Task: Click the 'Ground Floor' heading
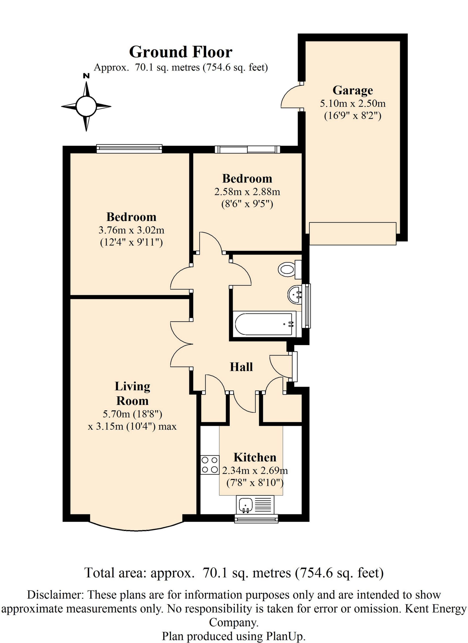click(x=181, y=52)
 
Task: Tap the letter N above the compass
click(x=86, y=76)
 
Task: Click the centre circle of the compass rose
click(x=86, y=106)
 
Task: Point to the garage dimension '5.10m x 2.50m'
click(x=353, y=103)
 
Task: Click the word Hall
click(x=241, y=367)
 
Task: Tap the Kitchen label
click(x=255, y=458)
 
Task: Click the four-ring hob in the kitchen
click(x=210, y=465)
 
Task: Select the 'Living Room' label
click(x=132, y=394)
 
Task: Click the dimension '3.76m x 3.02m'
click(x=131, y=230)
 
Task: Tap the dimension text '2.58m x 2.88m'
click(x=247, y=192)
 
